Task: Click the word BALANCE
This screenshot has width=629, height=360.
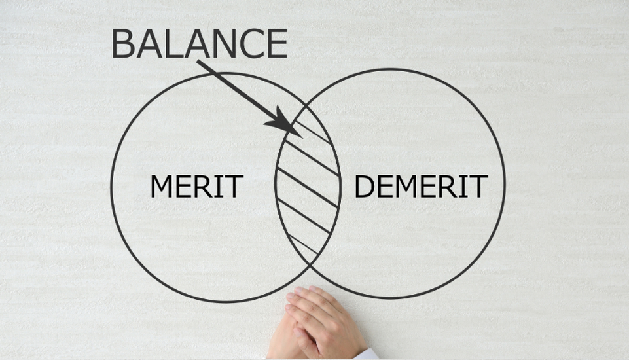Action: point(200,43)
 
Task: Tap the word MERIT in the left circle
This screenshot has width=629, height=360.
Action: point(196,187)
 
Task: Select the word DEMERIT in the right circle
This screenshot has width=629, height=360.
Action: point(422,187)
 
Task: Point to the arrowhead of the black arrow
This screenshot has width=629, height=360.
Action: point(286,124)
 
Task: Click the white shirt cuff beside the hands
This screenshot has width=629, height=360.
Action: point(367,355)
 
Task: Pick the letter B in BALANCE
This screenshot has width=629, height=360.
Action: point(123,44)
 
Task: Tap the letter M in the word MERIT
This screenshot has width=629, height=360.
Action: point(161,187)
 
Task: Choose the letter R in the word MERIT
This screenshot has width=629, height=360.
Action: point(202,187)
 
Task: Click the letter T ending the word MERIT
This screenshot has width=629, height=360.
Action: point(234,187)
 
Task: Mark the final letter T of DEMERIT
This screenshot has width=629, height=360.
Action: point(478,187)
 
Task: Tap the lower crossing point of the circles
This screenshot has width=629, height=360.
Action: point(312,265)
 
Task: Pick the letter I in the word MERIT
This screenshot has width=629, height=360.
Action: point(218,187)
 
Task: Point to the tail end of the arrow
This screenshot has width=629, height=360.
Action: point(198,62)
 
